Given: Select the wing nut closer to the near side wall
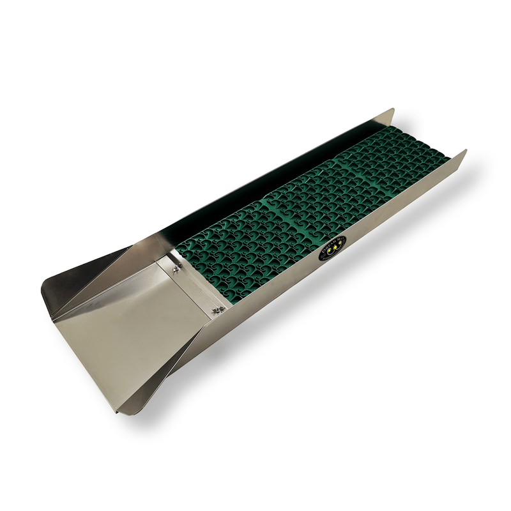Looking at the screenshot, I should click(217, 310).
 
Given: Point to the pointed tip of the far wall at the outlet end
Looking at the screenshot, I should click(392, 111).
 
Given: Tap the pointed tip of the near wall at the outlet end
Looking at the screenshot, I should click(465, 152).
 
